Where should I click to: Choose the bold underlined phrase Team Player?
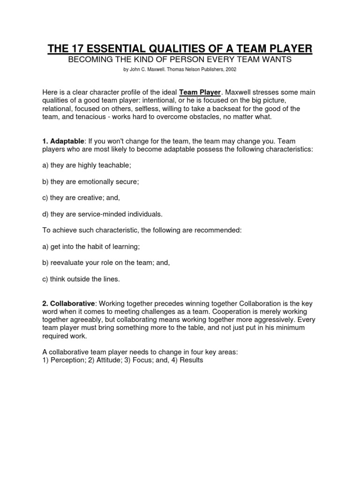point(200,92)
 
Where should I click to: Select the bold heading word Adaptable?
point(67,141)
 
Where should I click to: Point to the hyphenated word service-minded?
point(104,214)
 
